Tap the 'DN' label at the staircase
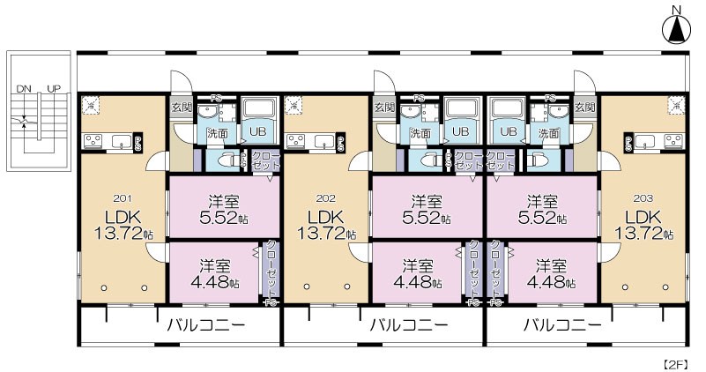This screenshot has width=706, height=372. tap(23, 89)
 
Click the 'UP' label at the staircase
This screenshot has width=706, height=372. tap(53, 89)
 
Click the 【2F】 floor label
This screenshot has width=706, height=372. tap(677, 362)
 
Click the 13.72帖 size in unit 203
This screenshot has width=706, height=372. tap(643, 234)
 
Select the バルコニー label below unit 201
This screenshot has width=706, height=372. tap(206, 324)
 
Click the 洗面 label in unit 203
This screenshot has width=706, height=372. tap(548, 133)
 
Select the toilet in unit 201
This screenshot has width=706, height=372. tap(228, 160)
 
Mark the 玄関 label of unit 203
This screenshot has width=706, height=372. tap(584, 108)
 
